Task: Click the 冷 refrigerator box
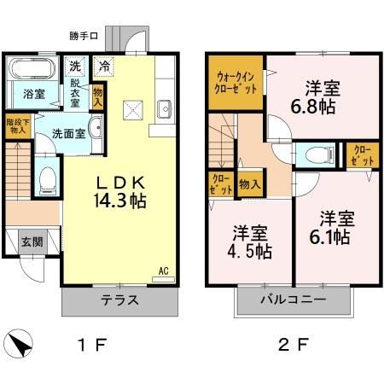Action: coord(104,66)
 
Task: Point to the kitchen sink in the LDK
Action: coord(165,109)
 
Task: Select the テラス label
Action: coord(120,302)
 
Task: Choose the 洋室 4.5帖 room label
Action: coord(252,241)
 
